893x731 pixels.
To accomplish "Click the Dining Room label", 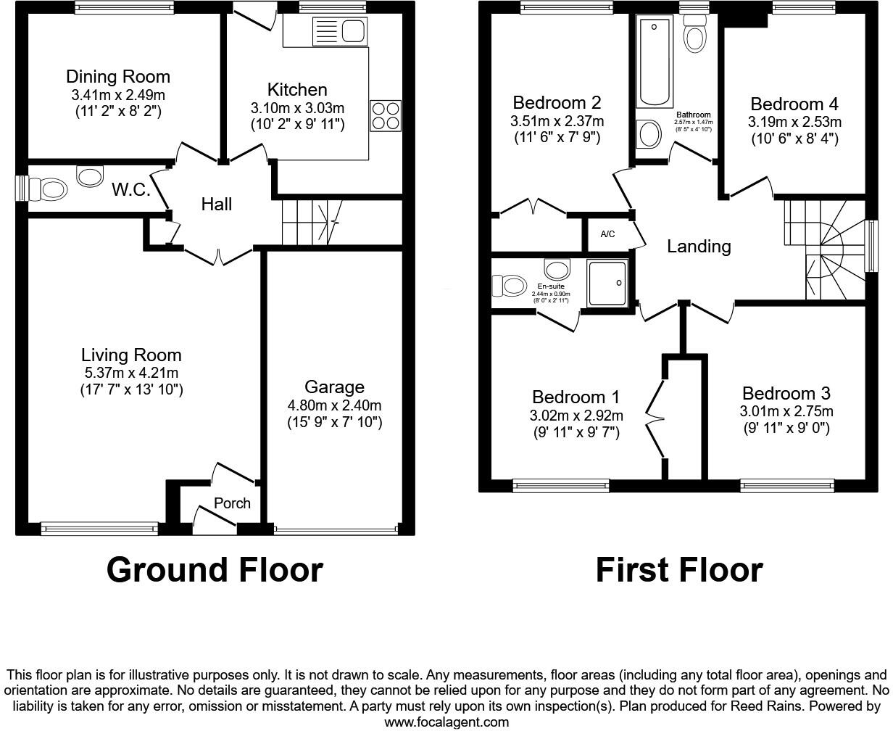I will [118, 77].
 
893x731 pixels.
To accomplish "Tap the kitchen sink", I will [338, 31].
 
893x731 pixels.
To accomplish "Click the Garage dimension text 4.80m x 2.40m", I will [334, 405].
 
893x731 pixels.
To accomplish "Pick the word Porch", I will [232, 503].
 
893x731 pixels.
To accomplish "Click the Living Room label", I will [131, 355].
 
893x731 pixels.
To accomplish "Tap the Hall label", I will [217, 205].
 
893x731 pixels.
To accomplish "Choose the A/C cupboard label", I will [607, 234].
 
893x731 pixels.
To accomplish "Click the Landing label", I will [699, 247].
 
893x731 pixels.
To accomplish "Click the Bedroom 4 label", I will [787, 104].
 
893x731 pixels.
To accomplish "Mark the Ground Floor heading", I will [215, 570].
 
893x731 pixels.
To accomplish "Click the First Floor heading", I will [679, 570].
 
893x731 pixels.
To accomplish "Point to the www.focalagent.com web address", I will [446, 722].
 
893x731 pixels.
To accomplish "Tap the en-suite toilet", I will [509, 285].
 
